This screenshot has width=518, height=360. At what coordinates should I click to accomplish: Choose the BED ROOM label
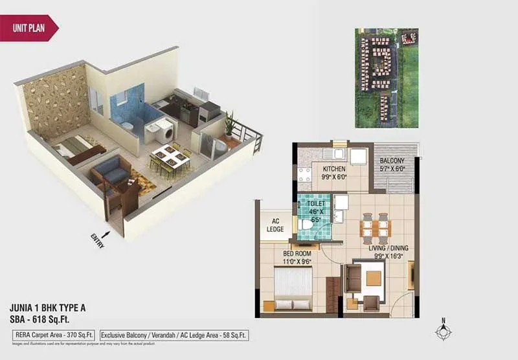(x=297, y=254)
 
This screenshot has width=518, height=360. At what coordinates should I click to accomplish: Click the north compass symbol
(x=443, y=331)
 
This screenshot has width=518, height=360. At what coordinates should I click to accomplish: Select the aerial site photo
(x=387, y=77)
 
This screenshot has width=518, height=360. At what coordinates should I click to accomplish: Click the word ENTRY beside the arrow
(x=98, y=240)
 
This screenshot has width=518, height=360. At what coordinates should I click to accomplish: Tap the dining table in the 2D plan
(x=374, y=225)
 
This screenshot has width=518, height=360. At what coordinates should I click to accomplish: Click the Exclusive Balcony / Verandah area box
(x=174, y=335)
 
